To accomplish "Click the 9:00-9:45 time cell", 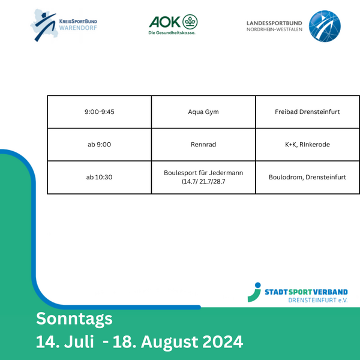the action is pos(100,112).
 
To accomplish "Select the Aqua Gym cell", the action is pos(203,112).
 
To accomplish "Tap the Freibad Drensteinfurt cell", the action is pos(307,112).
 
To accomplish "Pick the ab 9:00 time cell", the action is pos(100,145).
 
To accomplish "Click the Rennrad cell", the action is pos(203,145).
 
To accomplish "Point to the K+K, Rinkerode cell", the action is pos(307,145).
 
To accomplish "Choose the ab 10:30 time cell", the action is pos(100,177).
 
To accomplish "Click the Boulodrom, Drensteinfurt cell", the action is pos(307,177).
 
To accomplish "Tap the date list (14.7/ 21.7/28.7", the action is pos(203,182).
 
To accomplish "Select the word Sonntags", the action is pos(74,319).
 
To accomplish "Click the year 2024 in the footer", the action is pos(223,342).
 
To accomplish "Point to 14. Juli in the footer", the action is pos(65,342).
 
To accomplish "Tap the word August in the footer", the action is pos(170,343).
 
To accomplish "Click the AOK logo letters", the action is pos(164,22).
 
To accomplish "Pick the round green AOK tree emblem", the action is pos(190,22).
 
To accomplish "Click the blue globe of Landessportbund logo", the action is pos(325,26).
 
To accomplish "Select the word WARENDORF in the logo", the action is pos(78,28).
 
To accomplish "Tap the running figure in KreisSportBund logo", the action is pos(45,26).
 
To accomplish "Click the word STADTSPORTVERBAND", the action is pos(306,292).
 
